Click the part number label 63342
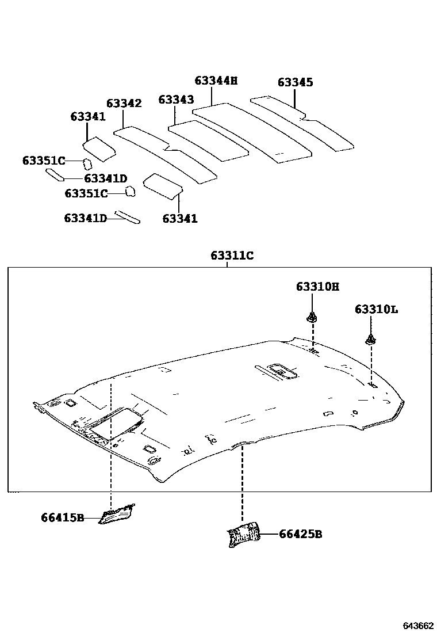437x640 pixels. click(124, 104)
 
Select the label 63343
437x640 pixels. click(176, 100)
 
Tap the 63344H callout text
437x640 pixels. click(216, 81)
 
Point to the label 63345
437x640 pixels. click(296, 82)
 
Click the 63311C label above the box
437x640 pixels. click(232, 256)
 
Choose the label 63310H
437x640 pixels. click(318, 286)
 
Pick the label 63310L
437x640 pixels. click(376, 309)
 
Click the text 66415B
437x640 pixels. click(63, 517)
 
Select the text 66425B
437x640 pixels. click(300, 534)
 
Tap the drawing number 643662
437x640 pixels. click(417, 626)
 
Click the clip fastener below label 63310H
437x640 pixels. click(312, 317)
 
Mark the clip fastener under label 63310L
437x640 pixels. click(371, 340)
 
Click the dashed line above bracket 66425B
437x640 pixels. click(243, 483)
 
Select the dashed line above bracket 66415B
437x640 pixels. click(110, 449)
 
